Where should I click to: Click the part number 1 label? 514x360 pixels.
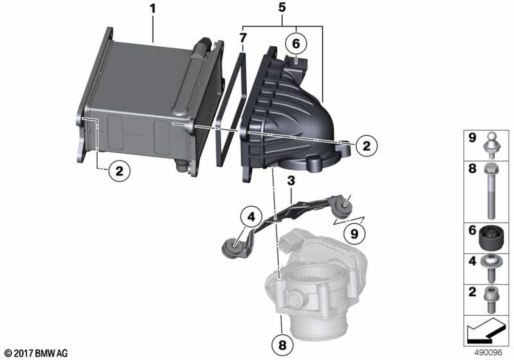pos(153,9)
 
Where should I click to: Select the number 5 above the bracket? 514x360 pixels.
pos(282,8)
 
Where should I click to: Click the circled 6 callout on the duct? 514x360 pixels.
pos(296,44)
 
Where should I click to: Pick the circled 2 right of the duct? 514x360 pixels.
pos(366,146)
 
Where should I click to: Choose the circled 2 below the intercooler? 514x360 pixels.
pos(119,171)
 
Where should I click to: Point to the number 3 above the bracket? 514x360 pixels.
pos(291,181)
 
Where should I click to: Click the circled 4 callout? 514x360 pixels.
pos(251,217)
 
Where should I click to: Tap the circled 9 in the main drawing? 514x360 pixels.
pos(354,234)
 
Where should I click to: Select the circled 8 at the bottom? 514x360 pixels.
pos(282,345)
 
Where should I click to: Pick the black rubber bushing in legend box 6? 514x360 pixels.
pos(491,238)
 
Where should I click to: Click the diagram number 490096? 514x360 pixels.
pos(488,352)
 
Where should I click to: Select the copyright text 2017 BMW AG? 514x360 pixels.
pos(41,353)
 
